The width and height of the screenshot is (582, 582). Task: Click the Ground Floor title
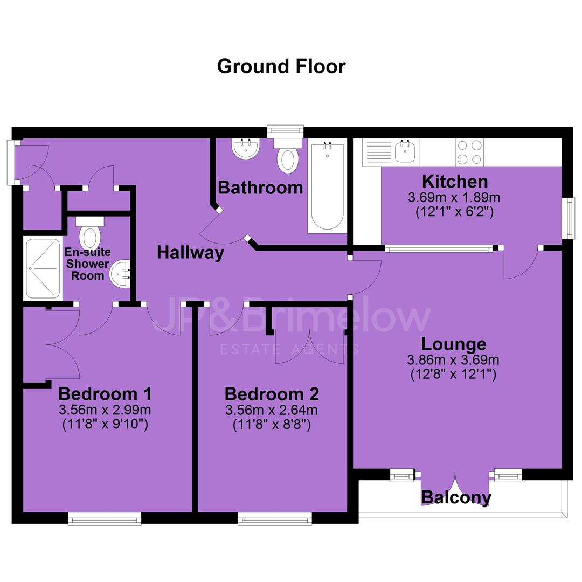click(281, 67)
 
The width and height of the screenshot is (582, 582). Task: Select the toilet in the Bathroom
click(287, 156)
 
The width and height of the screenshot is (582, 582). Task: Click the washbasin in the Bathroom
click(245, 149)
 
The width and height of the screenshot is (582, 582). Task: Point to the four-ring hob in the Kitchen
click(469, 153)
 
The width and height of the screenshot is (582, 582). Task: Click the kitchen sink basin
click(405, 151)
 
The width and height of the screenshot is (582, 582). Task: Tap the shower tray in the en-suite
click(43, 268)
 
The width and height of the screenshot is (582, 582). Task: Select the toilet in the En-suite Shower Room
click(90, 233)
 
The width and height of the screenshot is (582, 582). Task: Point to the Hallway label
click(190, 253)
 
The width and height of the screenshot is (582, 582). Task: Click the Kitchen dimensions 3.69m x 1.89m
click(454, 197)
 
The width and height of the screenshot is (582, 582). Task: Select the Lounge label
click(454, 344)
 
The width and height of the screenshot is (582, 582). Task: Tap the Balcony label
click(456, 497)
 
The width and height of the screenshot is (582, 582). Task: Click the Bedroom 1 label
click(105, 394)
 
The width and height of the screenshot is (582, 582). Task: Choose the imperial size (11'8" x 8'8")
click(272, 424)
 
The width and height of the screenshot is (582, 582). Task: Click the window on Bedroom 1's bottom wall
click(105, 518)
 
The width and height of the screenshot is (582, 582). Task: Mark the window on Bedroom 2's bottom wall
click(275, 518)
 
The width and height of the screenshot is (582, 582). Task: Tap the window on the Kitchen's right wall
click(568, 219)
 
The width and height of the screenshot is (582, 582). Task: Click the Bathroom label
click(261, 188)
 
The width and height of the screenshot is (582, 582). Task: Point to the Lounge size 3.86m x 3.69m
click(453, 360)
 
